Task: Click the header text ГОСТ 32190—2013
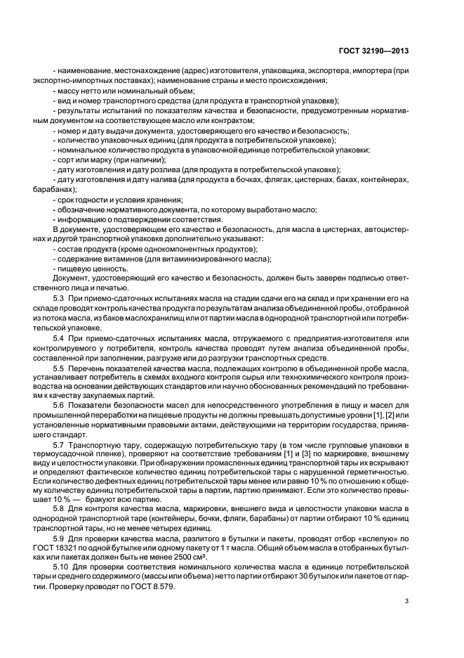point(375,51)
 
